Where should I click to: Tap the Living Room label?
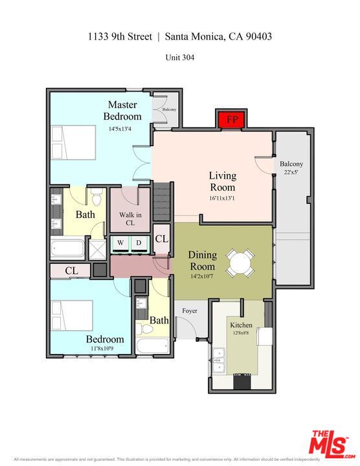coord(222,181)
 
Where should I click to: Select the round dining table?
coord(240,263)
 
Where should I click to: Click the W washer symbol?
coord(120,243)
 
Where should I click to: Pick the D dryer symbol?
coord(138,243)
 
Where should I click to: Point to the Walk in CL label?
coord(130,219)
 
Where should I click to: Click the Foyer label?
coord(189,311)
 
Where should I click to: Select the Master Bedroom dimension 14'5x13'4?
coord(120,129)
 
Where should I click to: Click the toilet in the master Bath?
coord(96,195)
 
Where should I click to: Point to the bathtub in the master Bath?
coord(68,249)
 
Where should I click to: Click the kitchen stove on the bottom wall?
coord(242,382)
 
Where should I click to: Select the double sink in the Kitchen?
coord(219,359)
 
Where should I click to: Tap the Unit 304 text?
coord(180,57)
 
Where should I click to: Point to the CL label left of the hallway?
coord(71,271)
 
